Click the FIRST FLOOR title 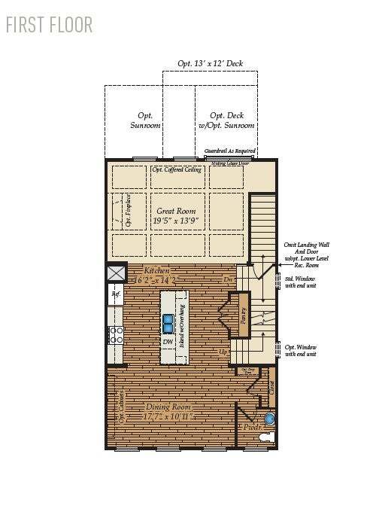click(x=49, y=24)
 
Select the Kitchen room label click(x=153, y=275)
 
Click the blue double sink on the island click(x=169, y=323)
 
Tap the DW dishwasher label click(x=168, y=342)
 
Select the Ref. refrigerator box click(x=116, y=295)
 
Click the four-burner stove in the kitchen click(x=117, y=334)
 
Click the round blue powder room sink click(x=270, y=419)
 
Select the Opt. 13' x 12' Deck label click(x=210, y=64)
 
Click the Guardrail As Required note click(x=231, y=151)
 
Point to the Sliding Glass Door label click(x=229, y=162)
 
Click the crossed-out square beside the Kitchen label click(x=116, y=273)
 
